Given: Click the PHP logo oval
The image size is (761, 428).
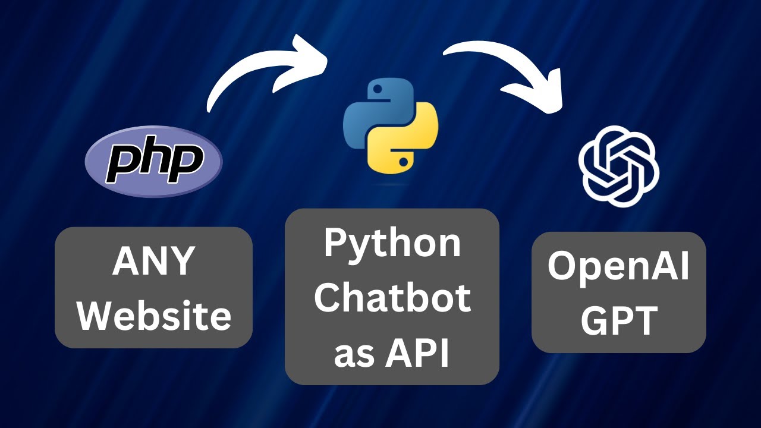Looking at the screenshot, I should (153, 161).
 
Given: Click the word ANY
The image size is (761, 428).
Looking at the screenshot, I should (153, 261).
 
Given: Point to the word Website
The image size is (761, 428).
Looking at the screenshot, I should (154, 316).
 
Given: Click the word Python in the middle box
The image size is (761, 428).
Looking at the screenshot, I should (392, 244).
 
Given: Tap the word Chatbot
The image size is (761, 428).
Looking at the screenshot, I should (392, 298).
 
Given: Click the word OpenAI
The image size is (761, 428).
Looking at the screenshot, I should (618, 267).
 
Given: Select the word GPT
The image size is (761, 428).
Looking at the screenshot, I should (618, 320).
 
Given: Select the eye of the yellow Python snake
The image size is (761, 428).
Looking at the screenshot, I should (405, 161).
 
